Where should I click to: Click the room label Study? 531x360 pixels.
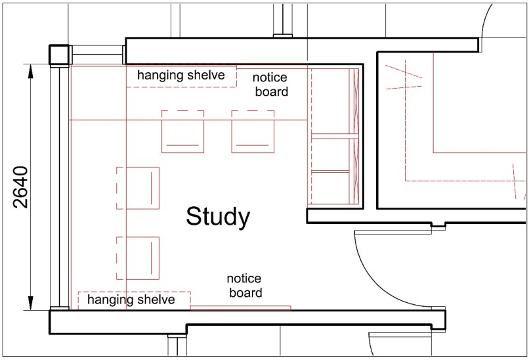pos(217,216)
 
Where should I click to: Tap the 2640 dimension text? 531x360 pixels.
pos(21,187)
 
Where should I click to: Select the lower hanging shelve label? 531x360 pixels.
pos(131,300)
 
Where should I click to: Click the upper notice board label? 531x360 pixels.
pos(270,85)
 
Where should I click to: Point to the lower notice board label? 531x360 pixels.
pos(245,286)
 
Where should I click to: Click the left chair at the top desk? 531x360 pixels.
pos(182,131)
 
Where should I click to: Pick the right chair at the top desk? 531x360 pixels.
pos(253,131)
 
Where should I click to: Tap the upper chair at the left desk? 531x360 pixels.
pos(138,188)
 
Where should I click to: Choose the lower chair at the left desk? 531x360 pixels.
pos(138,257)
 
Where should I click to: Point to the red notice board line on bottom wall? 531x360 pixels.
pos(240,307)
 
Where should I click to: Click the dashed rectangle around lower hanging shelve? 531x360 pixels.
pos(134,292)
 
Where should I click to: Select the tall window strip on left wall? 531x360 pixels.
pos(61,187)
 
